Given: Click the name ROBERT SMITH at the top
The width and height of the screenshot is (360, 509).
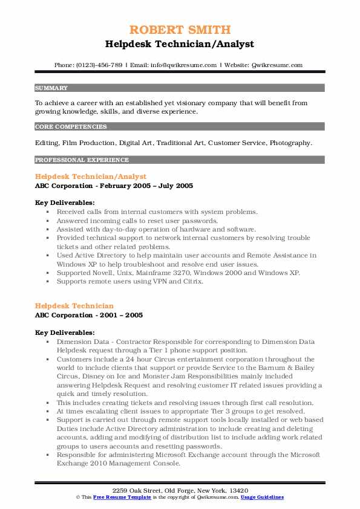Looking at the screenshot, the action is pos(180,30).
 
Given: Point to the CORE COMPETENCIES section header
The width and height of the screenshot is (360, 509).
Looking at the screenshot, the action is pos(71,127).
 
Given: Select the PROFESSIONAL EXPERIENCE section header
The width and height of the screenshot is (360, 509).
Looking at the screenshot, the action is pos(82,160).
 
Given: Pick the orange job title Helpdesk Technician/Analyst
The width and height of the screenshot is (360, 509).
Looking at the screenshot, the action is pos(91,177).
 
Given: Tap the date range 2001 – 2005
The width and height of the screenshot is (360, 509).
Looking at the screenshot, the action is pos(122,315).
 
